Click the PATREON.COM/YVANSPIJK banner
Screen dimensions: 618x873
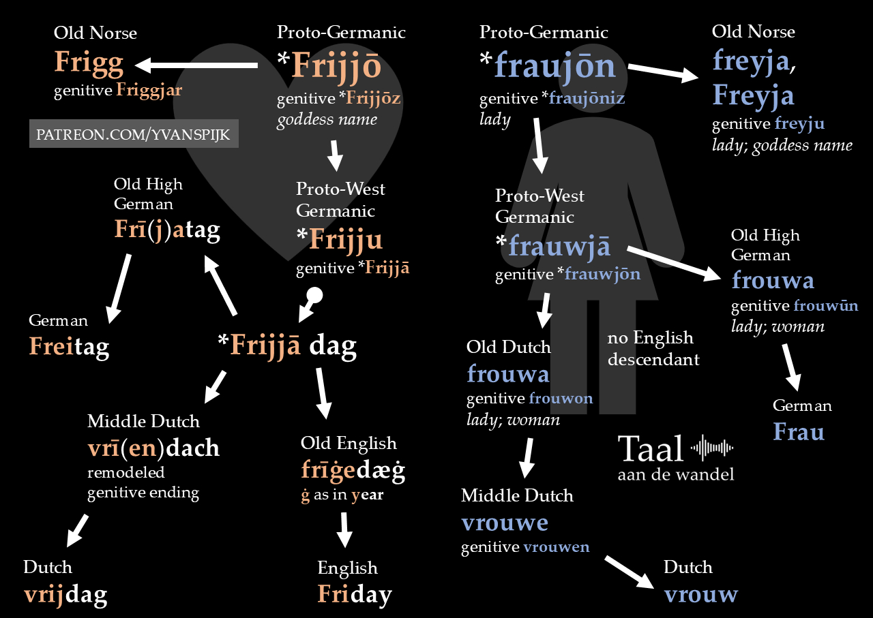point(134,134)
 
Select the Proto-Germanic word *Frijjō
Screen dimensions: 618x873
point(329,66)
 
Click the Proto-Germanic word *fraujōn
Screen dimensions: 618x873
point(548,65)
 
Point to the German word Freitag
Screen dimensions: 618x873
point(69,347)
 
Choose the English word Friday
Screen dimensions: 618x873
point(354,594)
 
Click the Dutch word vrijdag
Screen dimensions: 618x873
point(65,595)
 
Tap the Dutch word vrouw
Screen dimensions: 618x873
point(700,594)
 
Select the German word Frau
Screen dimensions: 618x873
point(799,432)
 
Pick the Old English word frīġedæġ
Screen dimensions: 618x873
point(353,470)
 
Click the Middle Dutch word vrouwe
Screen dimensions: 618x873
point(505,523)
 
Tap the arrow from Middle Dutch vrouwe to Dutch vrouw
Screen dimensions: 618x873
point(630,571)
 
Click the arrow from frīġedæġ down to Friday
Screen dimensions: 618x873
point(344,529)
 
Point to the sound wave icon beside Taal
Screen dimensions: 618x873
point(712,448)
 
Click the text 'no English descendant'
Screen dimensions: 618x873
point(653,348)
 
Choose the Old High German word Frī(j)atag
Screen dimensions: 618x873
point(167,230)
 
